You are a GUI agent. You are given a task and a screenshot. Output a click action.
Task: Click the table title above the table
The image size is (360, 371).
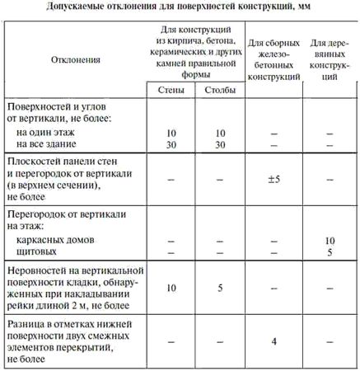(179, 7)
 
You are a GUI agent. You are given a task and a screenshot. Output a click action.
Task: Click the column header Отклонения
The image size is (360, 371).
(75, 60)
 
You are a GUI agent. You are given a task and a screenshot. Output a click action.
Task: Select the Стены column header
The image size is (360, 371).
(170, 90)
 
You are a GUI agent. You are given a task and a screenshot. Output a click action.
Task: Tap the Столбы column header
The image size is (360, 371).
(217, 90)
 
